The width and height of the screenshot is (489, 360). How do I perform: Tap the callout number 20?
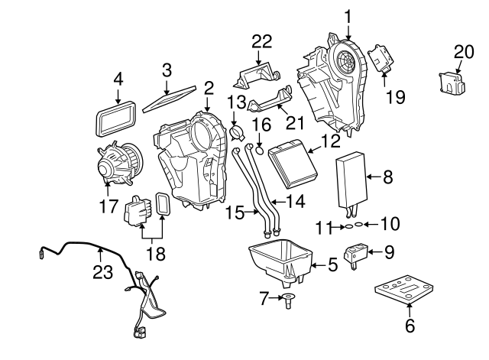point(464,51)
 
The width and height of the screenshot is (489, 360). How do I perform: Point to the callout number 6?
point(409,326)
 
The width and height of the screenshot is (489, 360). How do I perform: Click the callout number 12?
point(330,141)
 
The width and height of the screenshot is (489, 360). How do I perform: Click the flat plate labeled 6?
point(408,291)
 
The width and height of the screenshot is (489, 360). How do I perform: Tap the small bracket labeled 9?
point(356,255)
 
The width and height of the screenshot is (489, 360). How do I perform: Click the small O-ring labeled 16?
point(259,150)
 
